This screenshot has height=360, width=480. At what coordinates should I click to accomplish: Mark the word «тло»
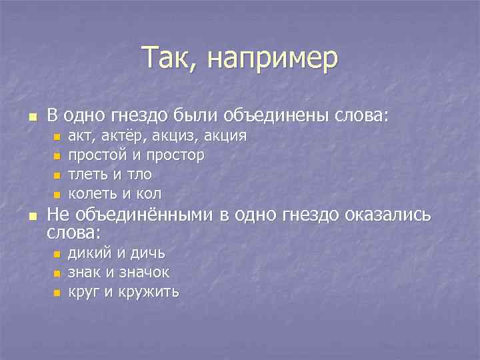point(139,174)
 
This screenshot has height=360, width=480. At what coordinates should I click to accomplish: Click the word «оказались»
point(390,215)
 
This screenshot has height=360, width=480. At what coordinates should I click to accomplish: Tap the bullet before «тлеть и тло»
point(57,175)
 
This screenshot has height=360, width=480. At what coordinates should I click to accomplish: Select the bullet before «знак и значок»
point(57,273)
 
